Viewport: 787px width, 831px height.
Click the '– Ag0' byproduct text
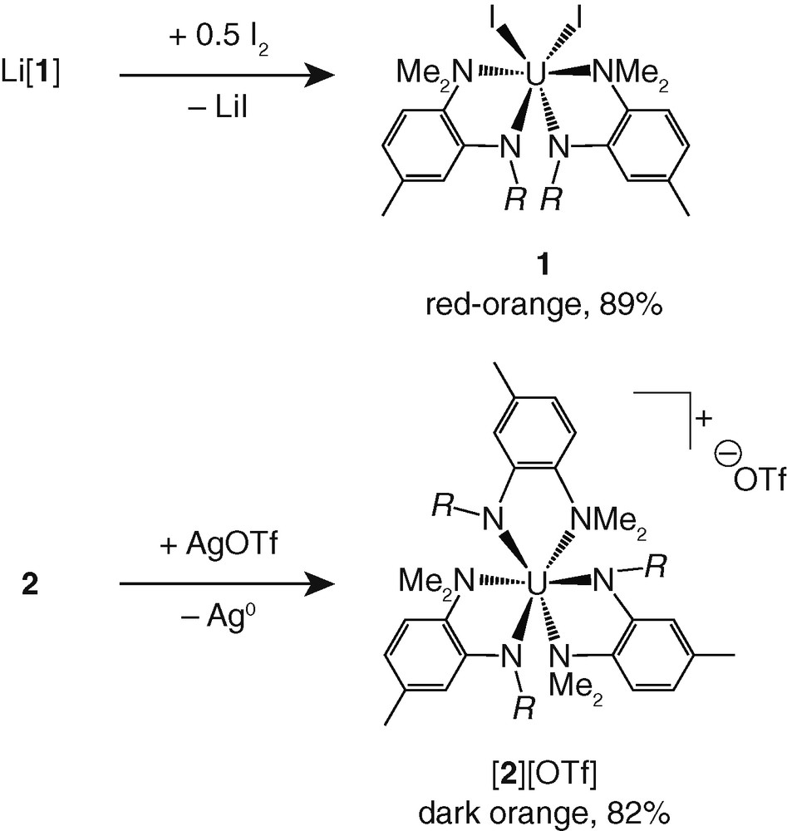tap(219, 619)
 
